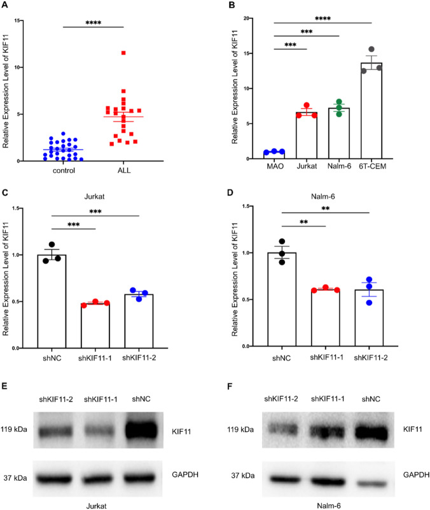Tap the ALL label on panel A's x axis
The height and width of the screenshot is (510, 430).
131,171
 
